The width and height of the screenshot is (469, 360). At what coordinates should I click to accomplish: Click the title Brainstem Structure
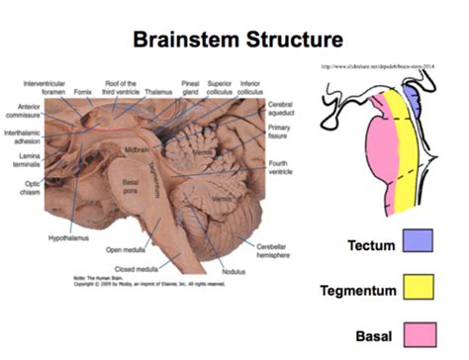point(234,40)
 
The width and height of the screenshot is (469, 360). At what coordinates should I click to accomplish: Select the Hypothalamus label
point(69,238)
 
